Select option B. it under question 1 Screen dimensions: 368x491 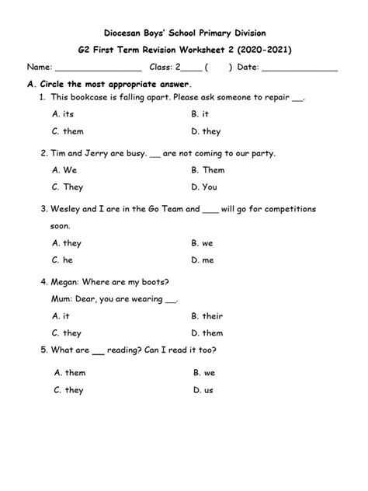[x=200, y=114]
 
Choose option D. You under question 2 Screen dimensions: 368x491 [x=204, y=187]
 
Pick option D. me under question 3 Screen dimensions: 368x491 [x=203, y=260]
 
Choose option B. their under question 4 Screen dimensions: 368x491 [x=207, y=316]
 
